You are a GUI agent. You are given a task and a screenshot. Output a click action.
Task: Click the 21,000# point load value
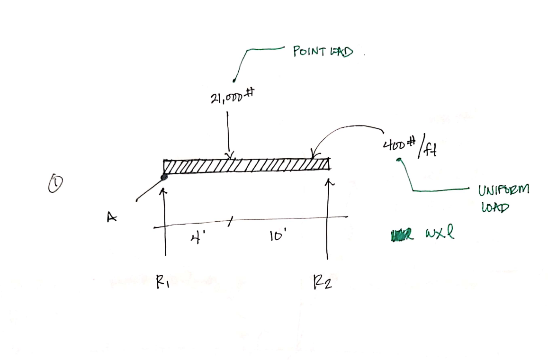click(229, 99)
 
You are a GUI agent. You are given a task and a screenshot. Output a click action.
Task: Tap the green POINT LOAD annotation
click(323, 51)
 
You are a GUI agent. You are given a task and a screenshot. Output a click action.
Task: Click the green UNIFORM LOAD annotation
click(503, 198)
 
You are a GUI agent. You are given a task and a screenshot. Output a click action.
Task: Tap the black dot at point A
click(164, 177)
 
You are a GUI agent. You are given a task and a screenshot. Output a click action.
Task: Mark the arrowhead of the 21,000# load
click(230, 155)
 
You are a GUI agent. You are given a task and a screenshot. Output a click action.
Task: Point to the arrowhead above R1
click(164, 191)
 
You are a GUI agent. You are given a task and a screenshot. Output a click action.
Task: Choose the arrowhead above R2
click(328, 181)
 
